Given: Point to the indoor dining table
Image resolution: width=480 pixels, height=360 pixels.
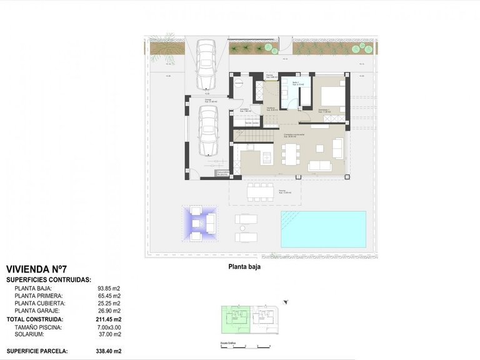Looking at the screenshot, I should [291, 154].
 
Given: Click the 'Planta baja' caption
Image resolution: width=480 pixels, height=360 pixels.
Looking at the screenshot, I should [244, 266].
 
